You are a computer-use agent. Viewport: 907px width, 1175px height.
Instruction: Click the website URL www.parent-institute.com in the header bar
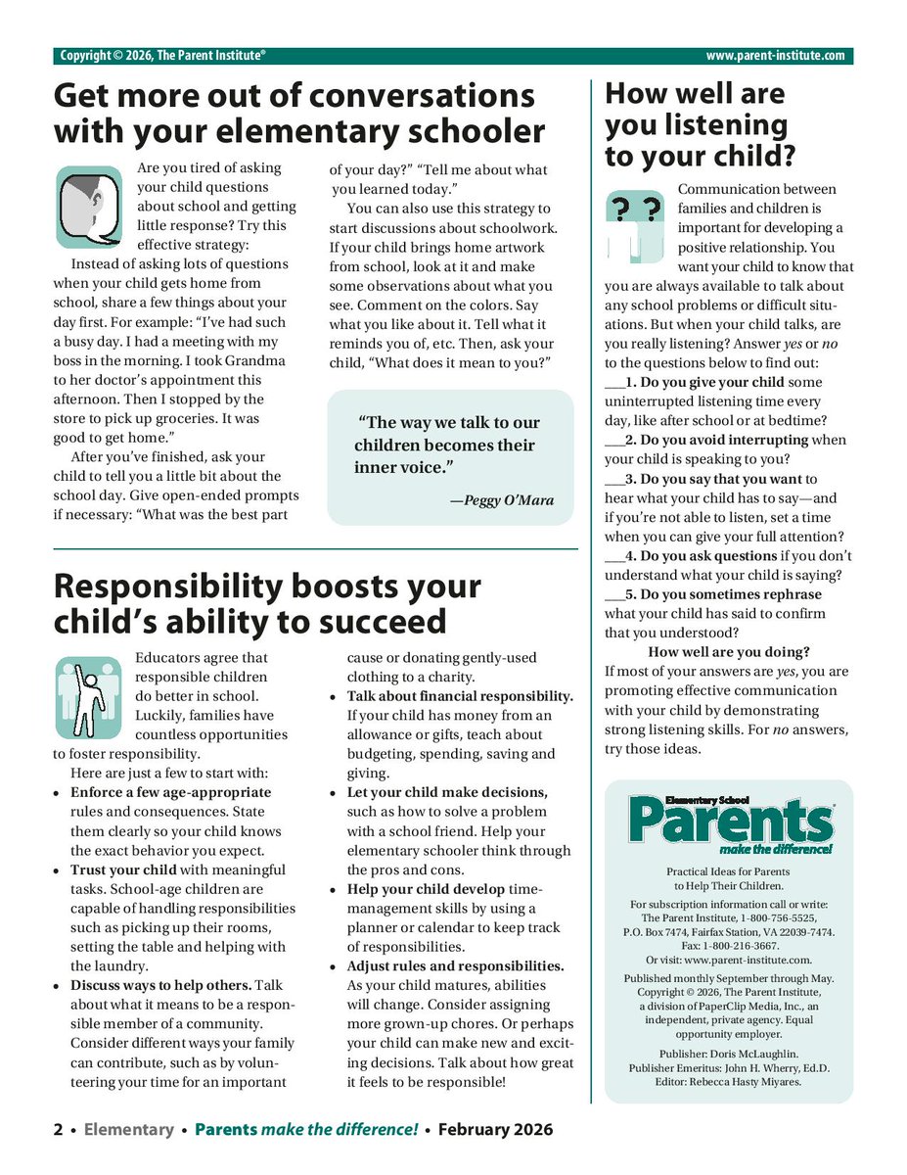tap(775, 56)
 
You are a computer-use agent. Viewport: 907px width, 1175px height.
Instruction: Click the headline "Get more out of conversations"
tap(294, 97)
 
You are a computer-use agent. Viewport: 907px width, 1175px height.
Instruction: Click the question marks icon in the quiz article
tap(633, 226)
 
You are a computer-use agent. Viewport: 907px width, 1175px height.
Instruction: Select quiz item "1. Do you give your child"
tap(701, 383)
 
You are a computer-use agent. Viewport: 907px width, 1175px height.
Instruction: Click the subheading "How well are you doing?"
tap(729, 652)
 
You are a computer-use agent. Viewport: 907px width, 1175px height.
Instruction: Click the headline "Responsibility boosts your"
tap(267, 587)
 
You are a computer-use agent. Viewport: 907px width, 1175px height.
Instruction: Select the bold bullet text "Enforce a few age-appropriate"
tap(170, 792)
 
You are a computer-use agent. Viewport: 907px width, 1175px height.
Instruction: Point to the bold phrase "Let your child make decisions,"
tap(447, 792)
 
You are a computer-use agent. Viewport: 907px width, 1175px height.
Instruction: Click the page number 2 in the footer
tap(59, 1130)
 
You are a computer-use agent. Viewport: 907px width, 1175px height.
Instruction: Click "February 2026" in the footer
tap(495, 1130)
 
